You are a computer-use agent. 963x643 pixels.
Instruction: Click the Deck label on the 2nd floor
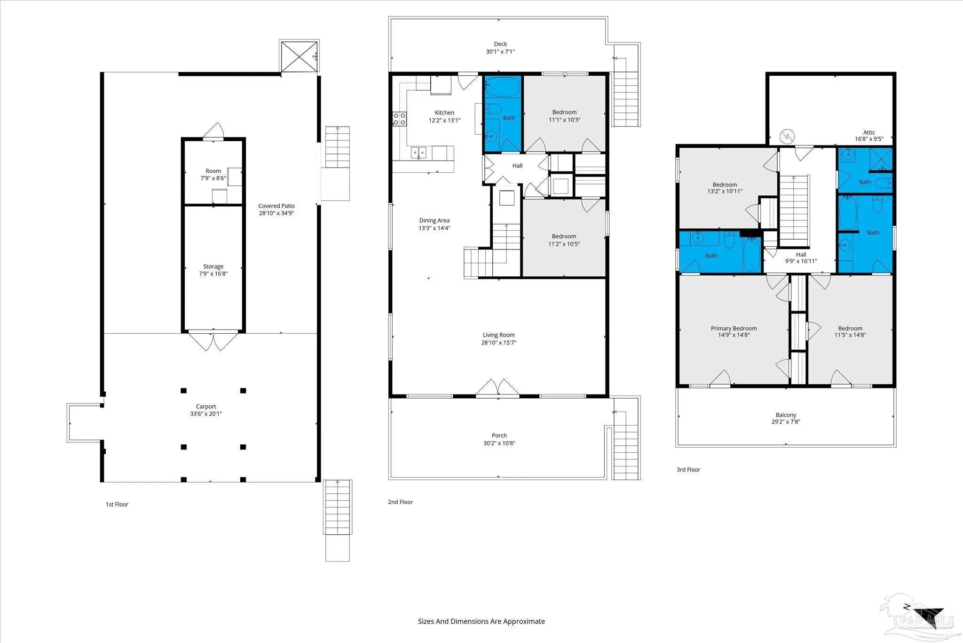(500, 44)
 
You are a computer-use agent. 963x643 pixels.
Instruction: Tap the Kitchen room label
(444, 113)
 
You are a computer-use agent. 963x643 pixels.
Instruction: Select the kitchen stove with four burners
(400, 119)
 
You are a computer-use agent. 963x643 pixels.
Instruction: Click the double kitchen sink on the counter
(418, 153)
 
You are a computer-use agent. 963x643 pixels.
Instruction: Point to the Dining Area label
(434, 220)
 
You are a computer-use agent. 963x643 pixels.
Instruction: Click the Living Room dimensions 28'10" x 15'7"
(498, 343)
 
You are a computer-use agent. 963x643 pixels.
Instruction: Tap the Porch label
(499, 435)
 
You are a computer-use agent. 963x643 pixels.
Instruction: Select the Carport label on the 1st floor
(206, 407)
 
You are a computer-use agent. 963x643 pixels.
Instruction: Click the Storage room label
(213, 266)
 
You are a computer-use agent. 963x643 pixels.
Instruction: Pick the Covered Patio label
(276, 206)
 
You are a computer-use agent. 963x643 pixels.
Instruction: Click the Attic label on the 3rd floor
(869, 132)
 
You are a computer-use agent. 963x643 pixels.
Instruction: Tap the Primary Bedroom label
(734, 329)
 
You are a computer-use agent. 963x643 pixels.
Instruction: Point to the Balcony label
(786, 415)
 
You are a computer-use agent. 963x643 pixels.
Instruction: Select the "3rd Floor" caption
(688, 470)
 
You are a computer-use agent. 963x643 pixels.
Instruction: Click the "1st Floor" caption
(117, 505)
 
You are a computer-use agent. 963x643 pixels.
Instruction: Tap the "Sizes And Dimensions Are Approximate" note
(481, 621)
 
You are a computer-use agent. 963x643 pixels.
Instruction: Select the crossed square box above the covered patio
(300, 56)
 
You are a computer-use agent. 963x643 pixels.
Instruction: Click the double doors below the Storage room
(213, 341)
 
